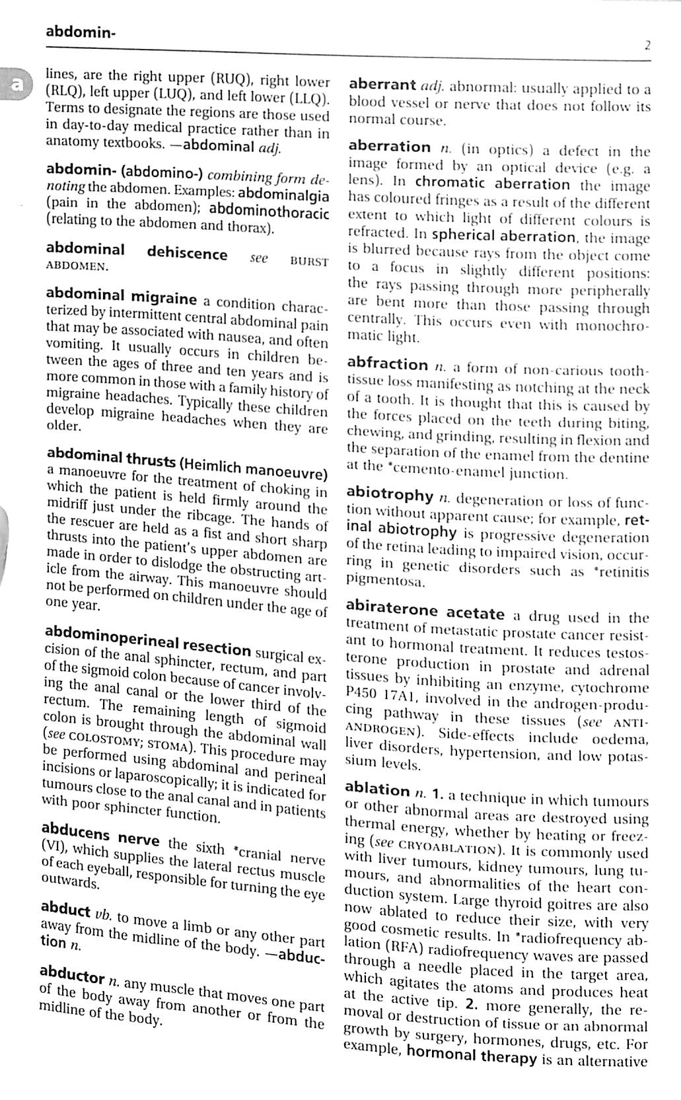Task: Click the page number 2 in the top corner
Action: click(647, 46)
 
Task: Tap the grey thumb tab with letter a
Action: click(13, 83)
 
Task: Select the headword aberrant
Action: click(382, 85)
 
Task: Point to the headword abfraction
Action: click(387, 364)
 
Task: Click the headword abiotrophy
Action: click(390, 495)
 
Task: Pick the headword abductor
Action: click(72, 975)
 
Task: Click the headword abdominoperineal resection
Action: click(149, 638)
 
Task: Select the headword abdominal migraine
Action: click(122, 295)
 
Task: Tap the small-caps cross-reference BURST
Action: click(309, 262)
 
